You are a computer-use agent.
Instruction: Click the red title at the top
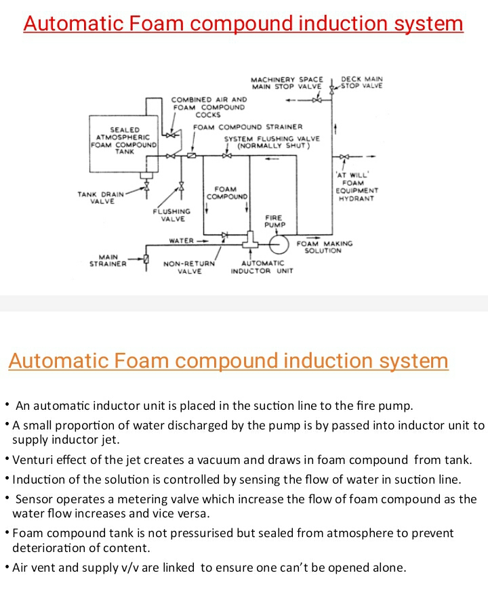[243, 24]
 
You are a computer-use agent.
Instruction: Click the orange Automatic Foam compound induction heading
[228, 360]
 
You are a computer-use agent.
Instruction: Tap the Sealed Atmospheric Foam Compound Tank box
[125, 140]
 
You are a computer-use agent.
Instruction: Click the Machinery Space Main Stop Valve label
[287, 83]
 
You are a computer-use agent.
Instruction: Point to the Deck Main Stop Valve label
[361, 83]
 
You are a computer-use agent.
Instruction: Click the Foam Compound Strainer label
[248, 127]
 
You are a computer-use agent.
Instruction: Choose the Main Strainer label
[108, 261]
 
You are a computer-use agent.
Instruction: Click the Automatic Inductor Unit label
[262, 267]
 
